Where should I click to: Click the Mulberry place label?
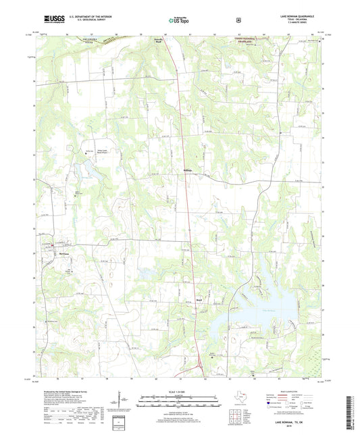tap(192, 169)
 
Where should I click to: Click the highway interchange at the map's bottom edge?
tap(203, 368)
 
